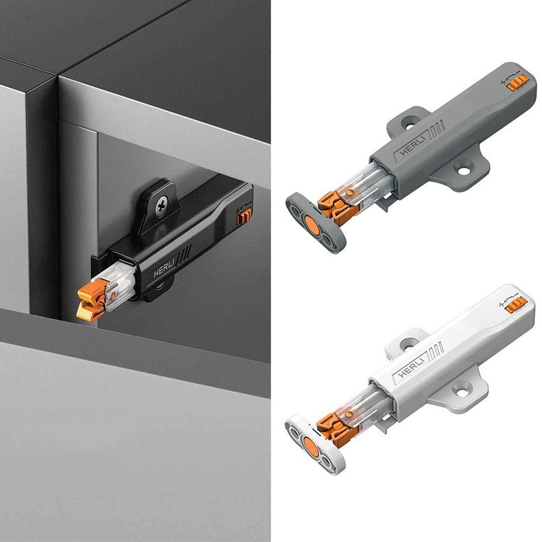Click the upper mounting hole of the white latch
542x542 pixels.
click(409, 343)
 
